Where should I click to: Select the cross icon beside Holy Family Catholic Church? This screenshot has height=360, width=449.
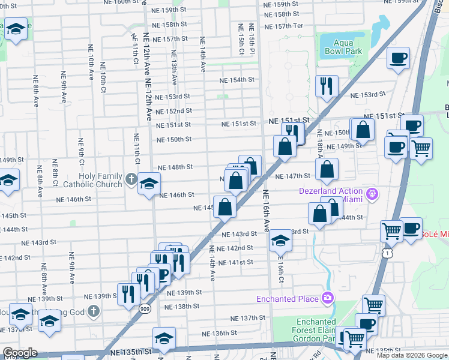pos(131,178)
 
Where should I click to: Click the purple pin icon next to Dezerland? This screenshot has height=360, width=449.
pos(373,193)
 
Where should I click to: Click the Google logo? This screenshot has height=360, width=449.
pos(20,353)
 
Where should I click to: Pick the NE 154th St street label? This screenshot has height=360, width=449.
pos(237,80)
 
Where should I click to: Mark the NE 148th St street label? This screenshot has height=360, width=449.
pos(175,167)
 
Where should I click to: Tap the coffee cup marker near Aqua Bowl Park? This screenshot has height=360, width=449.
pos(399,59)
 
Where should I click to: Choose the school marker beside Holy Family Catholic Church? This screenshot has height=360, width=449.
pos(149,184)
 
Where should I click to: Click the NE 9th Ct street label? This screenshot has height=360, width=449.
pos(80,153)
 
